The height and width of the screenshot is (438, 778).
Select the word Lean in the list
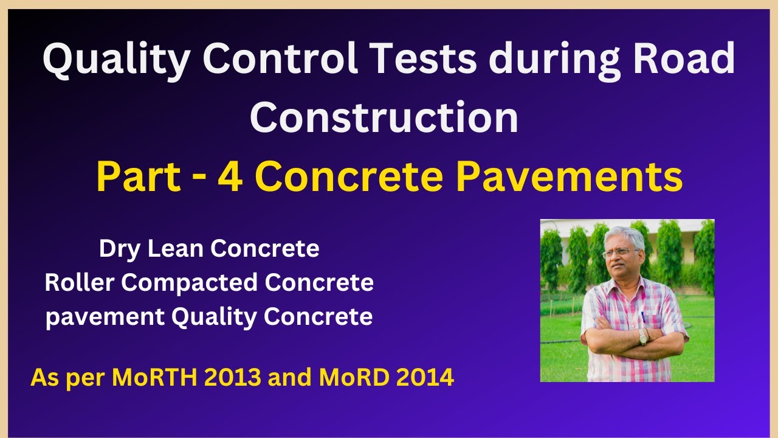(174, 249)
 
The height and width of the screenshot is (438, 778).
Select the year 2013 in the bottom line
(233, 378)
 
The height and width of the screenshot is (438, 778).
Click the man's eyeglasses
(619, 252)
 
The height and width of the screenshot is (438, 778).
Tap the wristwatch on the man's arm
(643, 335)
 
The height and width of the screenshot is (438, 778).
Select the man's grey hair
(623, 234)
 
